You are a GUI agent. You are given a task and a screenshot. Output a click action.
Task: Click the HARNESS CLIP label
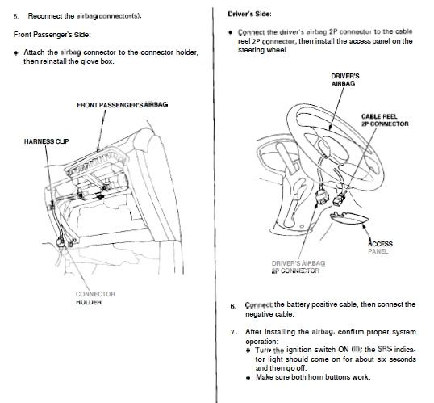46,141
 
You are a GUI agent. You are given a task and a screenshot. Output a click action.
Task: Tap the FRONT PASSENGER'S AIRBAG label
123,105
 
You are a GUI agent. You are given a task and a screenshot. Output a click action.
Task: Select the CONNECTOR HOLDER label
95,298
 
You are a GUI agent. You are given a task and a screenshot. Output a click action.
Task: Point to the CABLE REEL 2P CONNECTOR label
385,120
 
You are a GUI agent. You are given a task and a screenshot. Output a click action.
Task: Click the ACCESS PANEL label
380,247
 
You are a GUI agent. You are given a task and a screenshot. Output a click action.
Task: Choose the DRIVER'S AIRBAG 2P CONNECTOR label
298,267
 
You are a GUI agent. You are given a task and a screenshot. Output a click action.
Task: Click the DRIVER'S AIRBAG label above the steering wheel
345,80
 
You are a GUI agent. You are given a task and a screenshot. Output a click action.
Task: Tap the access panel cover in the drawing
349,218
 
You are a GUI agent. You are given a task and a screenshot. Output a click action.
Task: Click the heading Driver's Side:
249,14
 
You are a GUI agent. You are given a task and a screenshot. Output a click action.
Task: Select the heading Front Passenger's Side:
52,35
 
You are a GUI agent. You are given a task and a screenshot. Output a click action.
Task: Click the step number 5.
16,16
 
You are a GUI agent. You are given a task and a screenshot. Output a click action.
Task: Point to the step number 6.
233,307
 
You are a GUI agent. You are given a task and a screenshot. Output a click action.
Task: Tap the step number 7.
234,332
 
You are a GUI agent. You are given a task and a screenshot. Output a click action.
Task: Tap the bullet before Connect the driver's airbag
230,32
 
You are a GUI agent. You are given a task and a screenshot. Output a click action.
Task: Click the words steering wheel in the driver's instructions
263,50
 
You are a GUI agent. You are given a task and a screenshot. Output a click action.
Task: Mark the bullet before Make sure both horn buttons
248,377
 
